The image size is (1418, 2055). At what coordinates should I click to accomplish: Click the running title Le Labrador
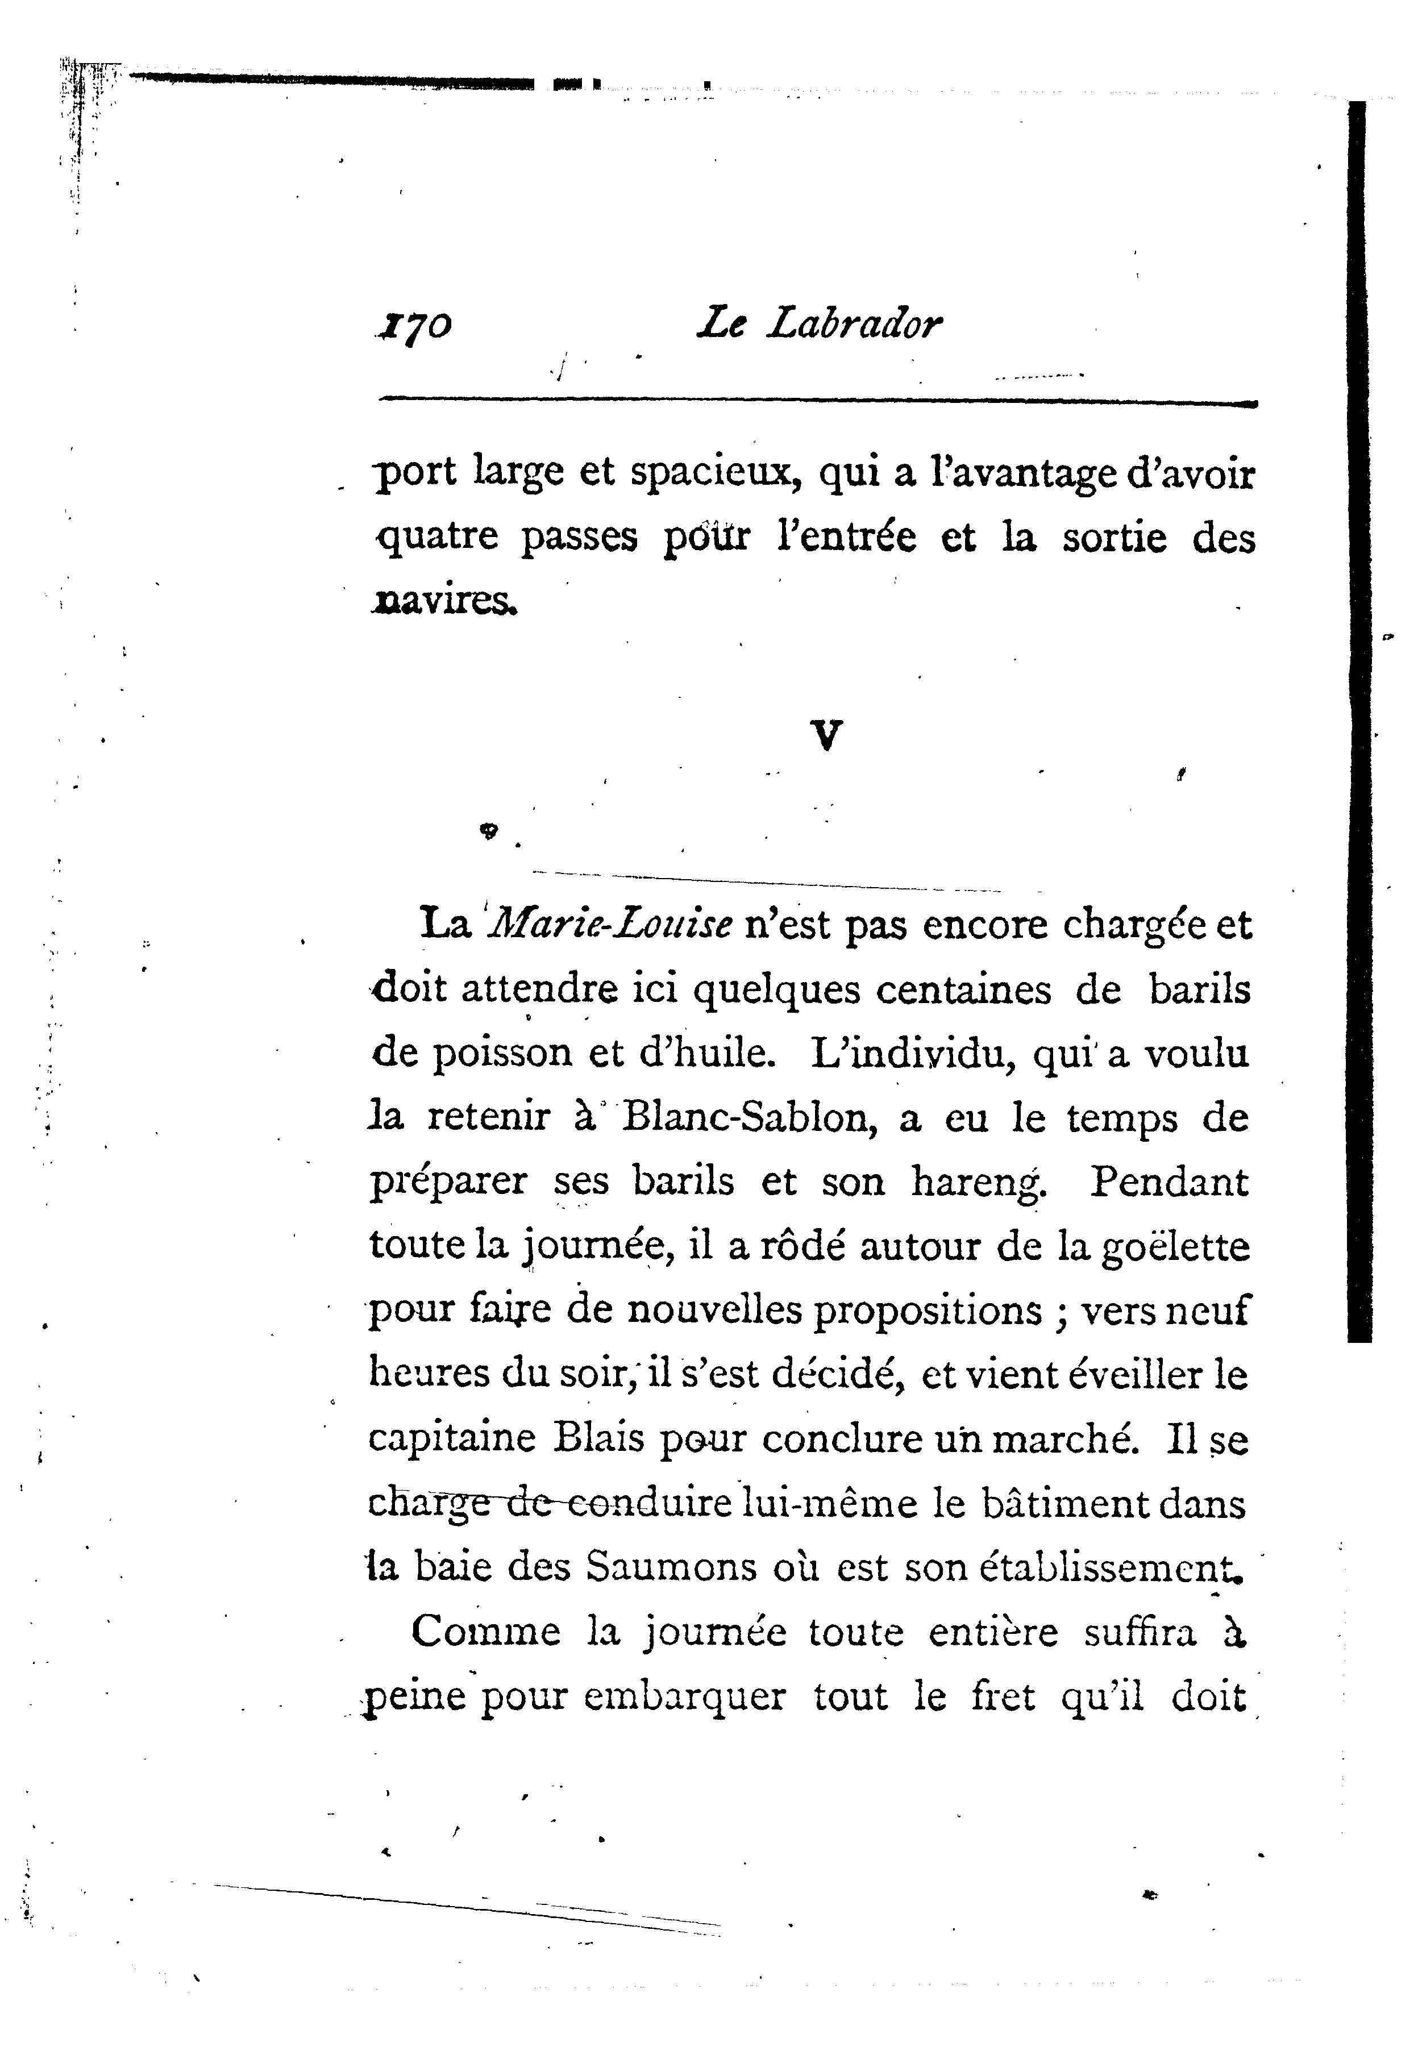pos(818,323)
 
